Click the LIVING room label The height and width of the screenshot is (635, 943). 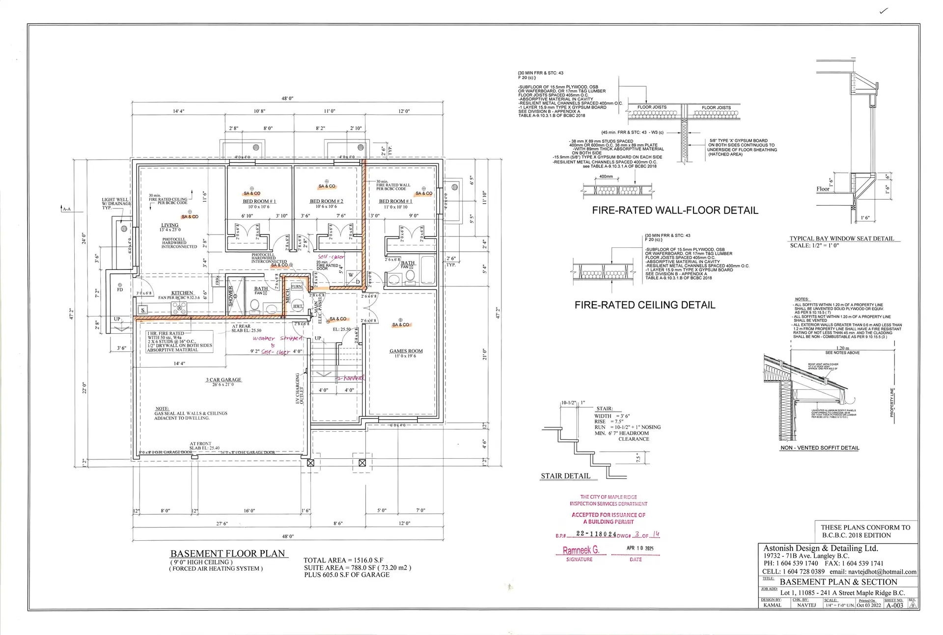pos(170,225)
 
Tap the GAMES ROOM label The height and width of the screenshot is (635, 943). pos(406,351)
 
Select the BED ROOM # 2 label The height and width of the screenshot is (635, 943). pos(326,201)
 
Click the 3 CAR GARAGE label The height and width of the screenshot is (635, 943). pos(223,380)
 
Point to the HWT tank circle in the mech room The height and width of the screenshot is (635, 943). pos(298,305)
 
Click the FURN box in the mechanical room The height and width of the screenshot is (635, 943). pos(297,287)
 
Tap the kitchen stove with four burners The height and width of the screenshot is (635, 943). pos(179,308)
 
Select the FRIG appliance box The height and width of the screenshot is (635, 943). pos(217,280)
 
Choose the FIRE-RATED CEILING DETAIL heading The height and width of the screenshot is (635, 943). pos(644,305)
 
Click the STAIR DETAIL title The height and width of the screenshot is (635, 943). pos(565,476)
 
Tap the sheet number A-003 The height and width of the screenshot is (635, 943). pos(894,606)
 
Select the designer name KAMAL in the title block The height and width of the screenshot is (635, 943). pos(772,605)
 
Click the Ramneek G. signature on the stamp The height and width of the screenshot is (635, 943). pos(581,550)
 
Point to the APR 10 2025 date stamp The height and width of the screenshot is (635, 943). pos(640,548)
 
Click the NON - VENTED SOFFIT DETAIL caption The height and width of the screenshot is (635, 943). pos(820,448)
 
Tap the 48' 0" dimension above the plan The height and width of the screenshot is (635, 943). pos(287,99)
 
